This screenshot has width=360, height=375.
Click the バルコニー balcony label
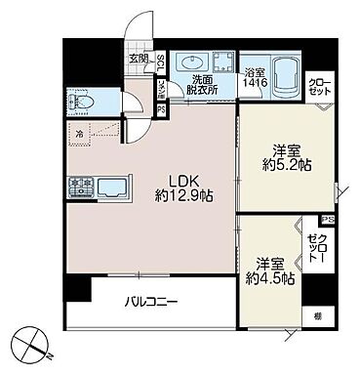(x=150, y=303)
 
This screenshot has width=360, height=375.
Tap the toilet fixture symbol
(x=83, y=102)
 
